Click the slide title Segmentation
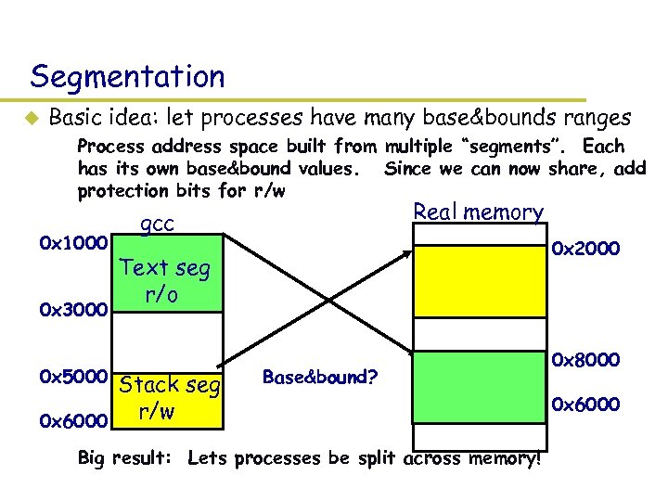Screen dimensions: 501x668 coord(127,75)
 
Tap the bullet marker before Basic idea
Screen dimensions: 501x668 coord(29,119)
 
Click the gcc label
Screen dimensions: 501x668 coord(157,224)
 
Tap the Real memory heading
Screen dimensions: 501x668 coord(478,212)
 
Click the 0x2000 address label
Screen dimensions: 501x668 coord(585,248)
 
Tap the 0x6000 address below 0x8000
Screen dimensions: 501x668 coord(585,404)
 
